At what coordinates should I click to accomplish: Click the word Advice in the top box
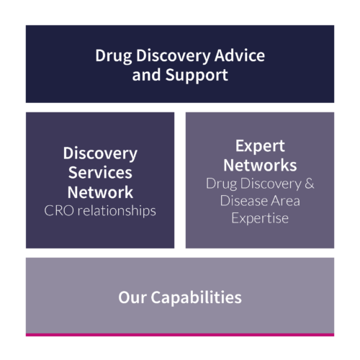point(240,55)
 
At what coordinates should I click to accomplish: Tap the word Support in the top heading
point(197,76)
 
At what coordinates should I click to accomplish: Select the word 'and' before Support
point(146,75)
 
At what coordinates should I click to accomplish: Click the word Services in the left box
point(100,173)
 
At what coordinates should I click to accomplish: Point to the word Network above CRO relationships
point(100,192)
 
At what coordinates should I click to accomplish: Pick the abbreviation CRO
point(59,211)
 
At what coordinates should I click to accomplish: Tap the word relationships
point(117,211)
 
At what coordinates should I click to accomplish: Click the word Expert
point(260,146)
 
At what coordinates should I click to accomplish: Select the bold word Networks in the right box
point(260,166)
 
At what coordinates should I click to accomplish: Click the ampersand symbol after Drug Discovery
point(310,184)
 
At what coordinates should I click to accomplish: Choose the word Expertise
point(260,218)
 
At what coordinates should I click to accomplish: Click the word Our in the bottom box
point(132,297)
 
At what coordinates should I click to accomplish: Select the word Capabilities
point(196,297)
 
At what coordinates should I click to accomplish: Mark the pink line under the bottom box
point(180,335)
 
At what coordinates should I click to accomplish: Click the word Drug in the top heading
point(114,56)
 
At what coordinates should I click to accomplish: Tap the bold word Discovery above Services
point(100,153)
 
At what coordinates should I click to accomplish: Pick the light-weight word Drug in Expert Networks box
point(222,184)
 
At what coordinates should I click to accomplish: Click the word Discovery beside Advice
point(174,56)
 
